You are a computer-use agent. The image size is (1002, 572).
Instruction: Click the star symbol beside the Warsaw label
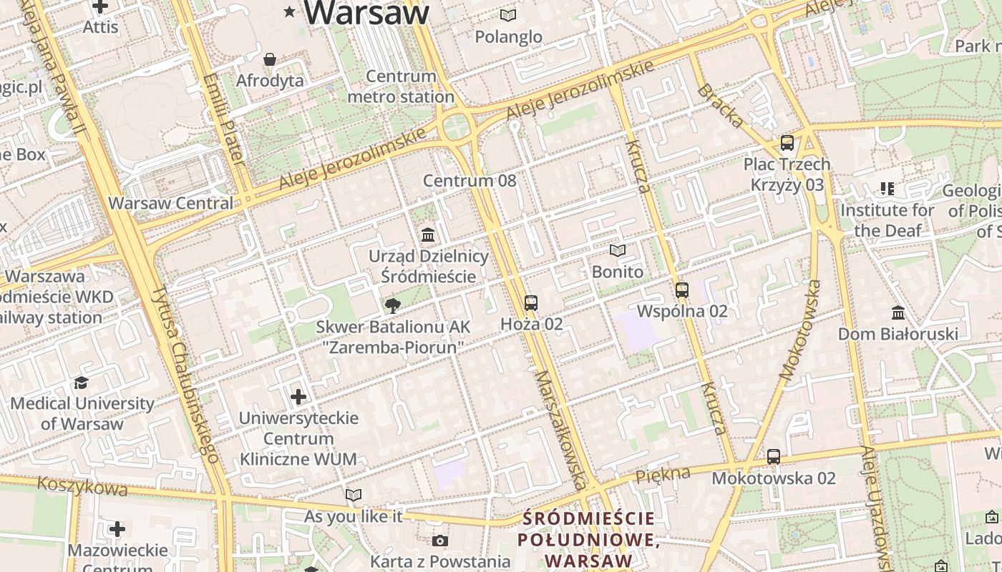pyautogui.click(x=290, y=11)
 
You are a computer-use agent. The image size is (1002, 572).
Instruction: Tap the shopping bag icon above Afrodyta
pyautogui.click(x=270, y=59)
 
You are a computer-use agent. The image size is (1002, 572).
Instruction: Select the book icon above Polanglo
pyautogui.click(x=508, y=15)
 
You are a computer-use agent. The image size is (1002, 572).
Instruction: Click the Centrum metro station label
pyautogui.click(x=401, y=87)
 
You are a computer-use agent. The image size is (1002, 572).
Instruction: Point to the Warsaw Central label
pyautogui.click(x=170, y=203)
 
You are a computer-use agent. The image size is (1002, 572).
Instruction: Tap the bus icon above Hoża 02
pyautogui.click(x=530, y=303)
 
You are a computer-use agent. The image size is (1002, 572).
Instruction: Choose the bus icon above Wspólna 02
pyautogui.click(x=682, y=290)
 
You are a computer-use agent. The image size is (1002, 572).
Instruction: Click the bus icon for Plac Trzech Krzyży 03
pyautogui.click(x=787, y=143)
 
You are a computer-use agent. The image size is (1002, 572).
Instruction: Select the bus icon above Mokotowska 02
pyautogui.click(x=774, y=457)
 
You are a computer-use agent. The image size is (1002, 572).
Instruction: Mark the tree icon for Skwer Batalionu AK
pyautogui.click(x=392, y=306)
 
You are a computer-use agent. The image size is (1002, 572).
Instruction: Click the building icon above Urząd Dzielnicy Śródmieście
pyautogui.click(x=428, y=235)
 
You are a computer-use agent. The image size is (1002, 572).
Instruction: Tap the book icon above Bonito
pyautogui.click(x=617, y=251)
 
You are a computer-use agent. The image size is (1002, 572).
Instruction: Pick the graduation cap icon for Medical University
pyautogui.click(x=82, y=383)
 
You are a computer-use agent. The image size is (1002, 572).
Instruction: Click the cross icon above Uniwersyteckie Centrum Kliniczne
pyautogui.click(x=298, y=396)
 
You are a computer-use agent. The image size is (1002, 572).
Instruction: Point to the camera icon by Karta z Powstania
pyautogui.click(x=440, y=541)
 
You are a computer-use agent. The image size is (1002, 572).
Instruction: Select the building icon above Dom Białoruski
pyautogui.click(x=898, y=312)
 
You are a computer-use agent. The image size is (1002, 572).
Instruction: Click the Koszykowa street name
pyautogui.click(x=82, y=487)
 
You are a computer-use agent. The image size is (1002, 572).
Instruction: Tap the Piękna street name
pyautogui.click(x=663, y=474)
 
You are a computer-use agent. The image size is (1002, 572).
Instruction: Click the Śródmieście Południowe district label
pyautogui.click(x=588, y=539)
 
